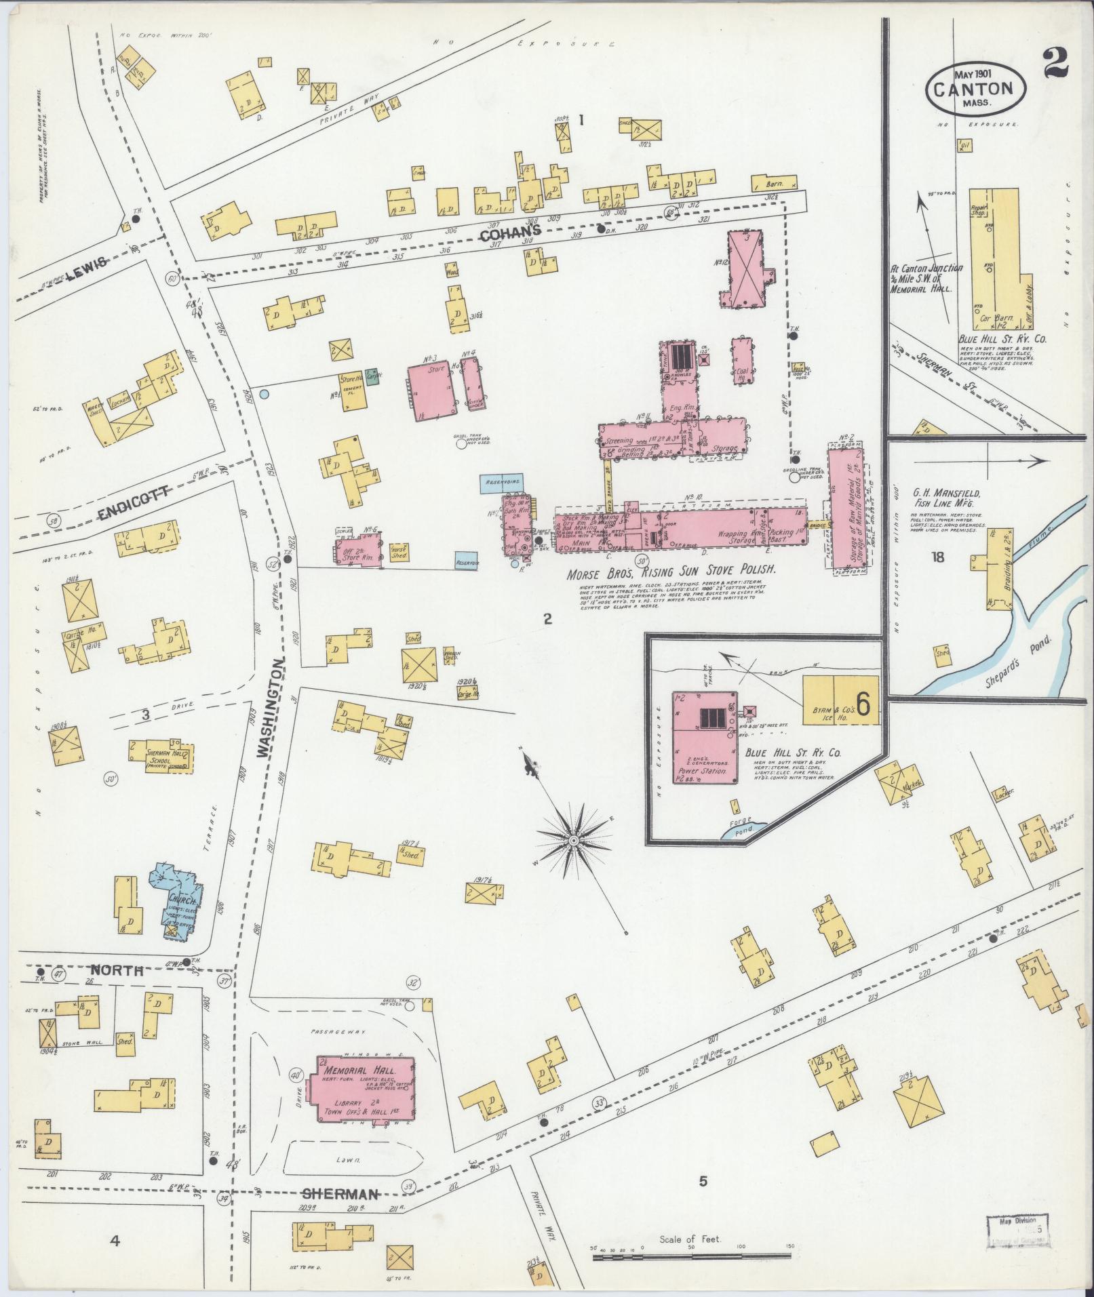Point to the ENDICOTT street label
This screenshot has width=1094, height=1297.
(133, 511)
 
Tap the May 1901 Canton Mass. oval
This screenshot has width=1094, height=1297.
(976, 88)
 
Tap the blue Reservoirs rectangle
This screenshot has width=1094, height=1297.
(502, 483)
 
